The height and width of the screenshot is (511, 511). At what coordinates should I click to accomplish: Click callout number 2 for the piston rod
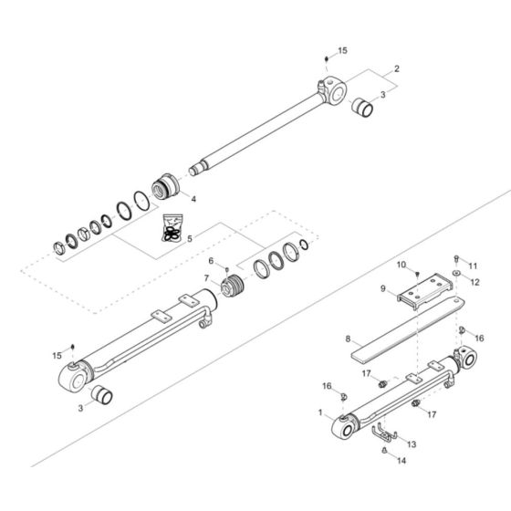tap(397, 69)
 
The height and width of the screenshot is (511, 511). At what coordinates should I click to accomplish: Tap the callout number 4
tap(193, 198)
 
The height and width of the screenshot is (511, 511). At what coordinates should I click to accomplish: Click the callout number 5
tap(190, 239)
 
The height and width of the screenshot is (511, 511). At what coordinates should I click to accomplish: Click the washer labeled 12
tap(454, 276)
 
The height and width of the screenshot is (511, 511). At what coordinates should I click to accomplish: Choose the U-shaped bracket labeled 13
tap(389, 429)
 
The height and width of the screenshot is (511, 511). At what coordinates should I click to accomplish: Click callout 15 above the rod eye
tap(343, 51)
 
